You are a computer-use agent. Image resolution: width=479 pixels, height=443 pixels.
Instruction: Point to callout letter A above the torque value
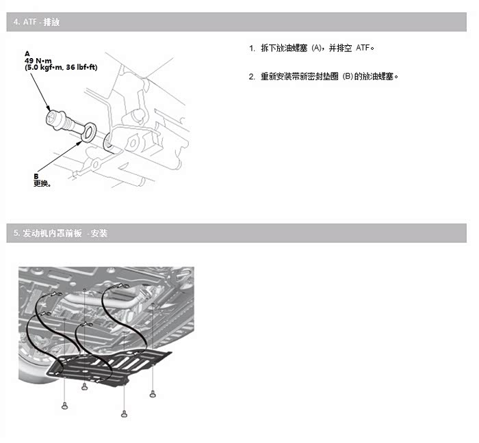pos(27,53)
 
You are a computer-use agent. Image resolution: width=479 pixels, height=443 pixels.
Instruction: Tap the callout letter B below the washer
pos(36,176)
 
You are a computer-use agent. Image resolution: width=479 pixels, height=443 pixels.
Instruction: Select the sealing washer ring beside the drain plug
pos(89,133)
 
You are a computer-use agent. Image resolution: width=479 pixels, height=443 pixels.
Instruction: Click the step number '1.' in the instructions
pos(252,49)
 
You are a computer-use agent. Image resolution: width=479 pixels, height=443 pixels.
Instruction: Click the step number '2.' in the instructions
pos(252,76)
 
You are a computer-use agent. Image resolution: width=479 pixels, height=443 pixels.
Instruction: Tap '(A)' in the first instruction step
pos(317,49)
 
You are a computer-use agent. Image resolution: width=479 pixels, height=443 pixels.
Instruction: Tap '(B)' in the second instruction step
pos(346,76)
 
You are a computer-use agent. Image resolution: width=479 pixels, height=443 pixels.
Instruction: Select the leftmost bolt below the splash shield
pos(65,405)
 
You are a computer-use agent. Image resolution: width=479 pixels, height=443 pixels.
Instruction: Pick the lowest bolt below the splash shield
pos(124,414)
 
